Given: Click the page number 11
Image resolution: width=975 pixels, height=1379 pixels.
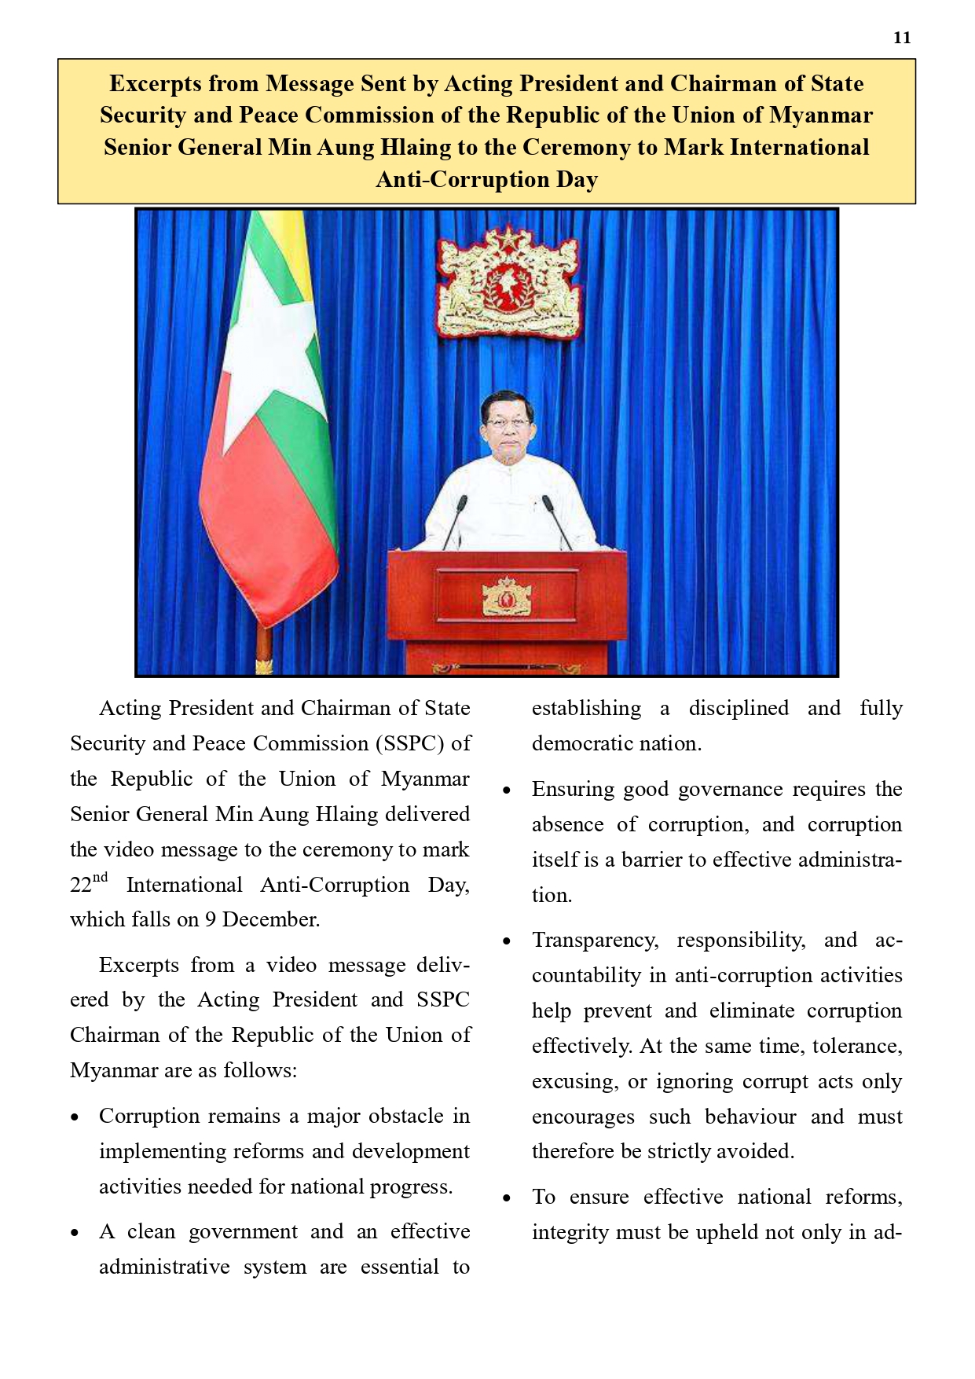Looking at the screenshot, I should (902, 38).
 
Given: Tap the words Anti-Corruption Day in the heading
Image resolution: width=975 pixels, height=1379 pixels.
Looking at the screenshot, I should (487, 180).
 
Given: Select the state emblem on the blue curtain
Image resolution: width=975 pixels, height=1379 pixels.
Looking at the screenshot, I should (509, 282).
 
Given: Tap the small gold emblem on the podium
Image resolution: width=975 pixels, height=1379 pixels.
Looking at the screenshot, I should (507, 596).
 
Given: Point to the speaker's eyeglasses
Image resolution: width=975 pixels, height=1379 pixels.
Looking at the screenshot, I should (508, 423).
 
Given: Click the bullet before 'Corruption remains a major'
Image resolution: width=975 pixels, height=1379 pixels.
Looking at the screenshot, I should (75, 1117).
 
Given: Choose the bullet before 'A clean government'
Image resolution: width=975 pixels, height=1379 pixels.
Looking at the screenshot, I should (75, 1233).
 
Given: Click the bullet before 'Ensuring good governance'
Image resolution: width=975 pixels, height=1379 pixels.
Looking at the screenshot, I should (508, 790).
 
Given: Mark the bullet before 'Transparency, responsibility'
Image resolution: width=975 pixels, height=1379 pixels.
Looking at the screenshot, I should (508, 941).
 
